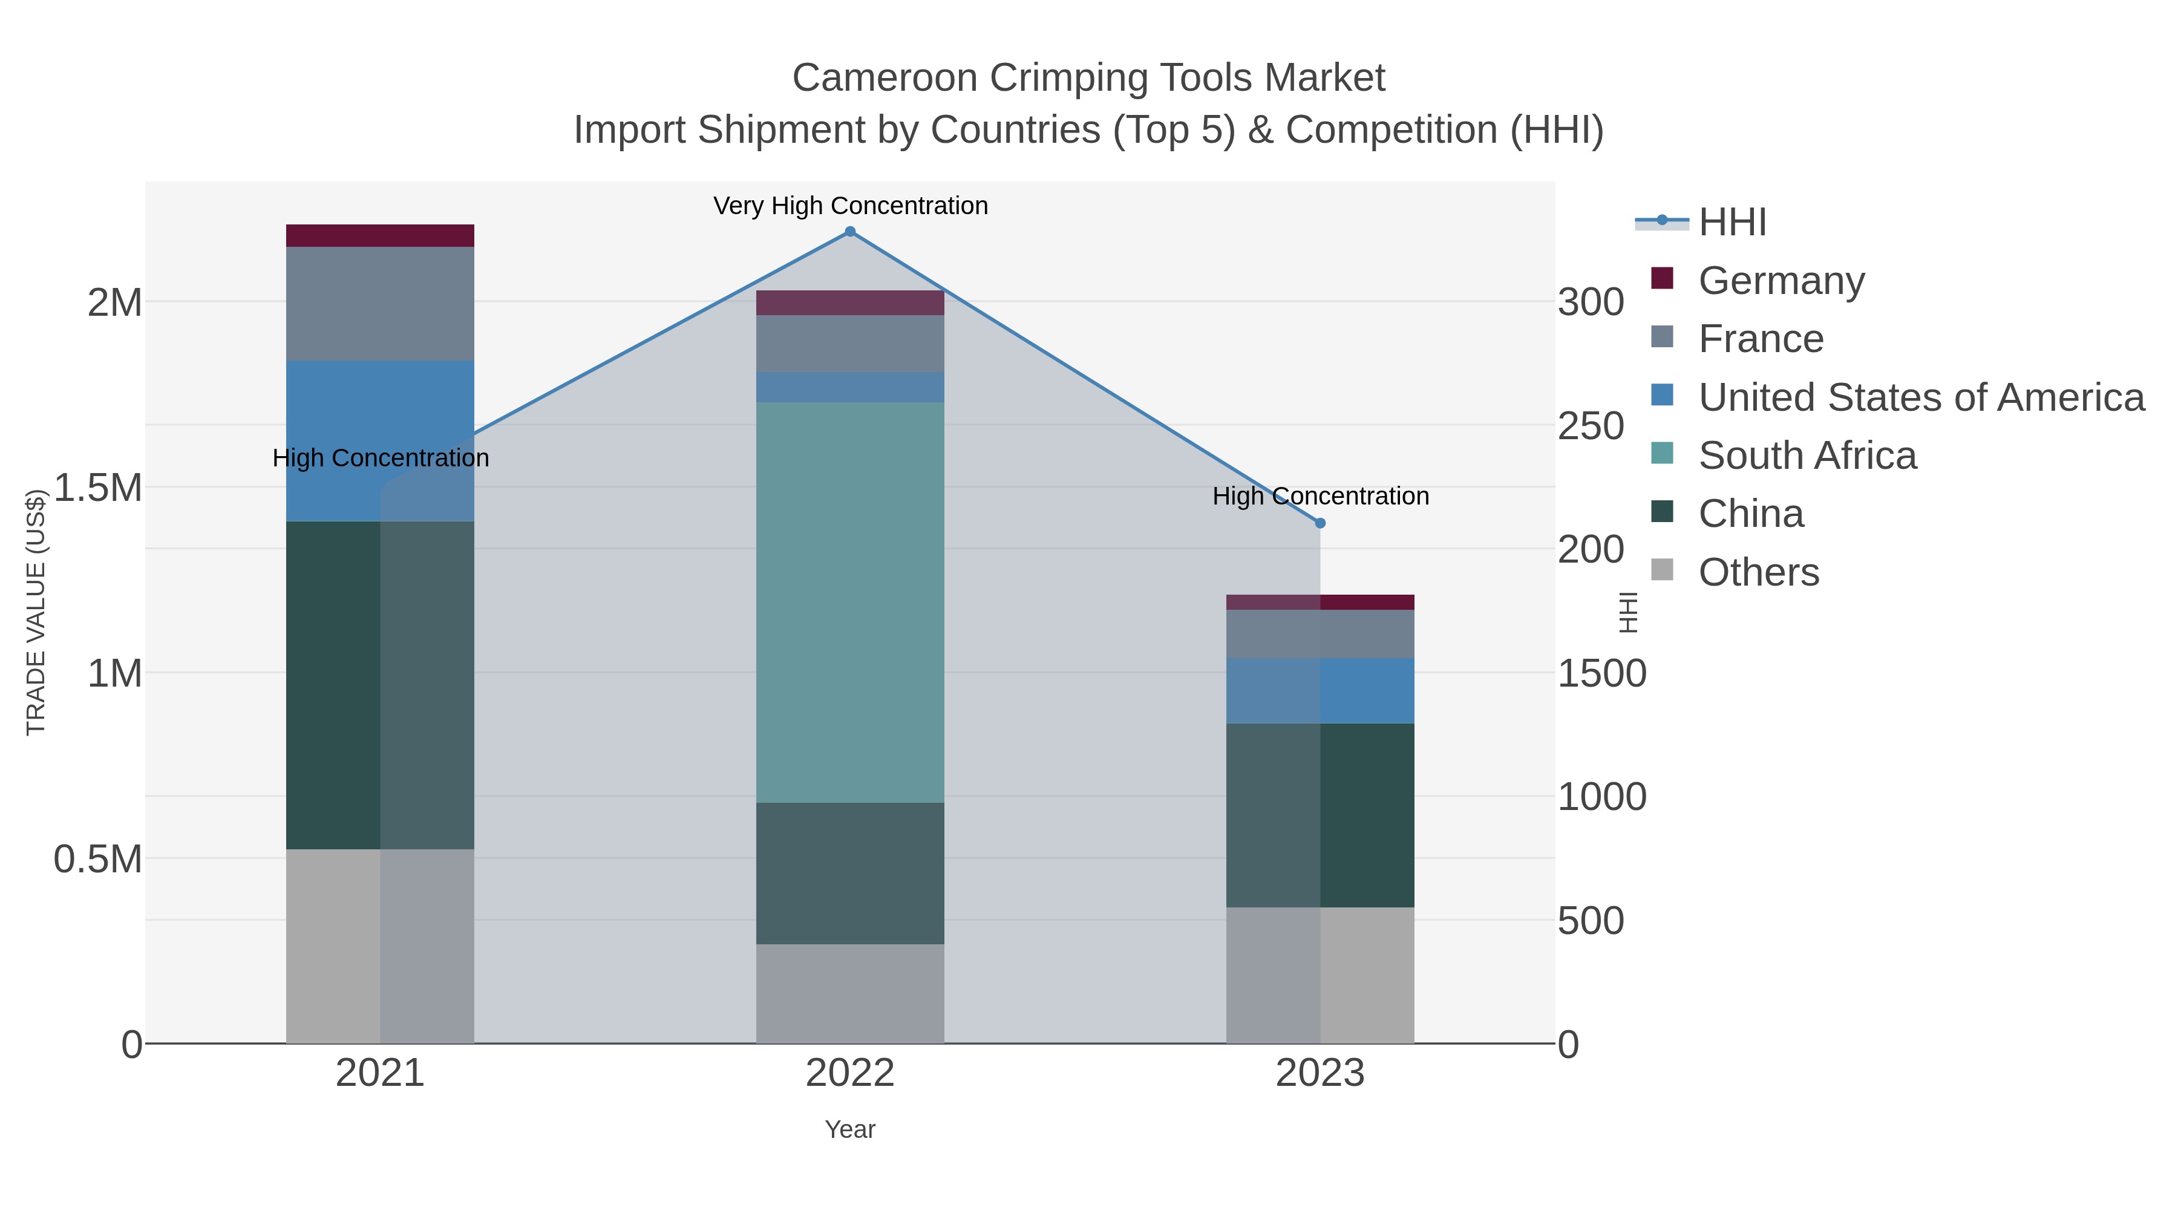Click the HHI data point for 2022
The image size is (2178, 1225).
click(850, 232)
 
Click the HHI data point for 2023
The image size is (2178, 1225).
click(1320, 523)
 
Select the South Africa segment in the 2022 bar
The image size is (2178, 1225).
click(850, 602)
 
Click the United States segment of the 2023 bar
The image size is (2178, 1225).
click(1320, 691)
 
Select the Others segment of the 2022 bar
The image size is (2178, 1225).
click(850, 993)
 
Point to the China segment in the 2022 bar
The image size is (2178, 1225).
click(850, 874)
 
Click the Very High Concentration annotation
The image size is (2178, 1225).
click(850, 206)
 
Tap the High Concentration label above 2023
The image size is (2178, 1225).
click(1320, 496)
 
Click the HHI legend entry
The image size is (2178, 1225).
click(1732, 223)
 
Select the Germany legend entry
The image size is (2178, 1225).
click(1781, 281)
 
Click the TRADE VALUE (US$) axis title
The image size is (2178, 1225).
click(36, 612)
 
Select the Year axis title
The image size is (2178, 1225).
click(850, 1129)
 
